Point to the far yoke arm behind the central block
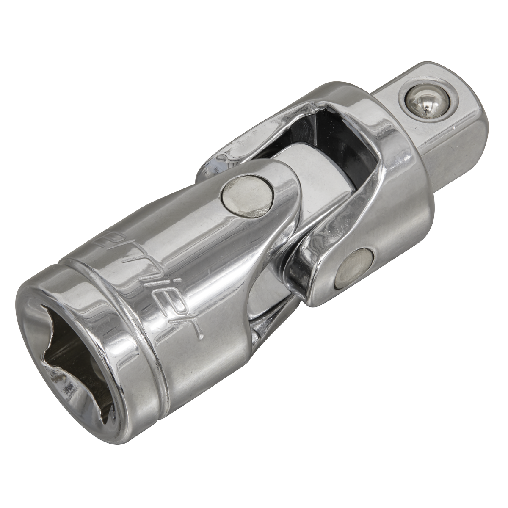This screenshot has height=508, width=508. (x=237, y=148)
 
